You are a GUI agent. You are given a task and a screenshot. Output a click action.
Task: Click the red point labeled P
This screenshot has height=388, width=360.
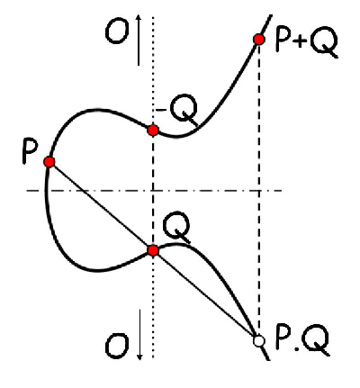[49, 162]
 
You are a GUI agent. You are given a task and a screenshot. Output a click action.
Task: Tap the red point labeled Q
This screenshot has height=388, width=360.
[153, 250]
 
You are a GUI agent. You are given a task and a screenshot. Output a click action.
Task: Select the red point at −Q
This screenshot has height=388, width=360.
[153, 131]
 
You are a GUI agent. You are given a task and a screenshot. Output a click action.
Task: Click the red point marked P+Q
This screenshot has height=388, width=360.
[258, 40]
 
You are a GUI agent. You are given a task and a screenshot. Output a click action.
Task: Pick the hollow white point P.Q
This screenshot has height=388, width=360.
[258, 341]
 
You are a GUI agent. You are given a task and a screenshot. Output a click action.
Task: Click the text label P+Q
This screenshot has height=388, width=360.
[307, 44]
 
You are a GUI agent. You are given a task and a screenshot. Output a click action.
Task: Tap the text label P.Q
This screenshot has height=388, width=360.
[302, 341]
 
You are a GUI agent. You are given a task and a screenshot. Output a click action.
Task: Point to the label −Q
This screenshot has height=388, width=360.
[177, 110]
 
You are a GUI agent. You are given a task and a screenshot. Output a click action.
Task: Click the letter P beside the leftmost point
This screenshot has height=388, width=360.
[30, 153]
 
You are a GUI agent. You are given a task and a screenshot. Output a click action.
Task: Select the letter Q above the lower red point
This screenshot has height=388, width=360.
[176, 228]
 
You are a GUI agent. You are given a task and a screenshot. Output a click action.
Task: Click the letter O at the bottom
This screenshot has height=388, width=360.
[117, 347]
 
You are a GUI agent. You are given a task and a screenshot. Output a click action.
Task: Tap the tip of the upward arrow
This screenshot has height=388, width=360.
[139, 15]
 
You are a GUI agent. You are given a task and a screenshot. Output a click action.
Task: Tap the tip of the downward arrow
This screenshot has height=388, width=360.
[139, 359]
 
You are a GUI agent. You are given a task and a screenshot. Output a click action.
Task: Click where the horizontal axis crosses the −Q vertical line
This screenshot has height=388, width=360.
[153, 190]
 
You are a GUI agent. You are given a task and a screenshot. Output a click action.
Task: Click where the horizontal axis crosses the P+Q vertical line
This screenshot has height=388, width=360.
[259, 190]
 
